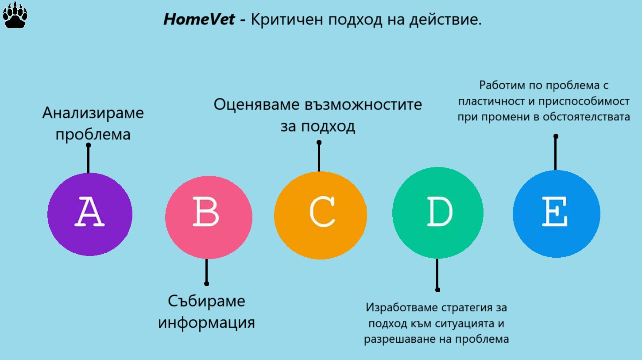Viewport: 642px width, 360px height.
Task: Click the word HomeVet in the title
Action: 199,19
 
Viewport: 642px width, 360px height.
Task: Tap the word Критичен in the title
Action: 287,20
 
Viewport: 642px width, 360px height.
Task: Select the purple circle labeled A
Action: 90,214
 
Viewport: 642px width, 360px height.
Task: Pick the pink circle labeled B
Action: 209,217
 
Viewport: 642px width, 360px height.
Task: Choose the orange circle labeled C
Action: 321,215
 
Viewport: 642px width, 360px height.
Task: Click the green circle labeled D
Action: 437,213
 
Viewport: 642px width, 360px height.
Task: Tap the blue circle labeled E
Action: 556,214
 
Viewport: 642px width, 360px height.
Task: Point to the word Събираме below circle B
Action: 206,301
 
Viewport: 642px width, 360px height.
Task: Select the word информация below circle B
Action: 206,323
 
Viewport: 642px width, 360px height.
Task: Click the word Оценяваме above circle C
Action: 257,105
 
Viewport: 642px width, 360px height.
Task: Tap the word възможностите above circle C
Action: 363,105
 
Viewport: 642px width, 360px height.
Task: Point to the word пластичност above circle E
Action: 491,101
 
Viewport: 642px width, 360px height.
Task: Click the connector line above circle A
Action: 88,159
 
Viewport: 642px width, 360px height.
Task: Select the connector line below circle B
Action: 206,271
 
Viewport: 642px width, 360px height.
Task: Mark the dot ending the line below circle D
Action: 437,290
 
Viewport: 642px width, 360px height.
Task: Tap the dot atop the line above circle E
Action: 556,136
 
